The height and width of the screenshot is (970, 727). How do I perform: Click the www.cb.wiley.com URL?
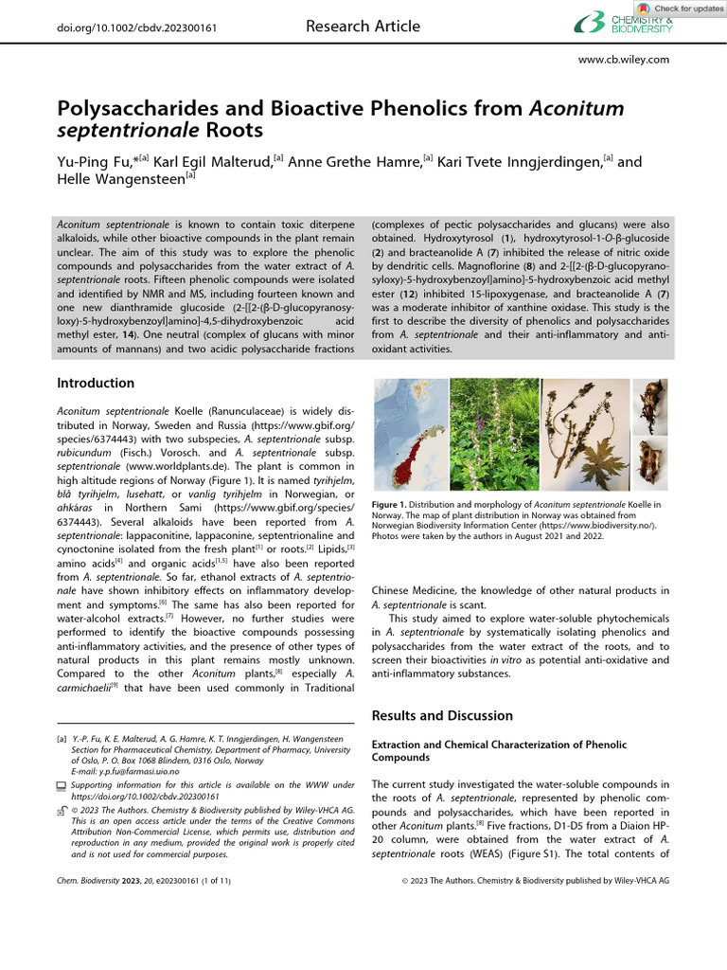point(623,60)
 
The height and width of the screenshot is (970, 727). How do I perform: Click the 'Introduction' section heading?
point(96,384)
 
